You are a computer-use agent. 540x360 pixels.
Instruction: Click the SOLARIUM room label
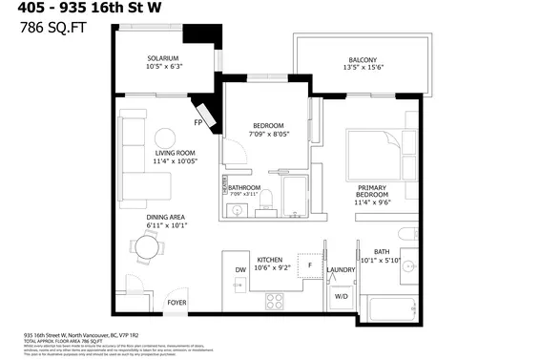coord(163,57)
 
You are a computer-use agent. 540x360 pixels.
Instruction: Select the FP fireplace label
coord(198,122)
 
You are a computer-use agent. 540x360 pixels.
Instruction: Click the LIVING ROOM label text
coord(175,153)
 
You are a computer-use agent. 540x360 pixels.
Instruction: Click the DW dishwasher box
coord(241,270)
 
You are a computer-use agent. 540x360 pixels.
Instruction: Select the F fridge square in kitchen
coord(309,264)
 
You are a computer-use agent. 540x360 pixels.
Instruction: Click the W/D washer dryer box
coord(341,297)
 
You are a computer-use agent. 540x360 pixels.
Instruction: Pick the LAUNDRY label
coord(341,270)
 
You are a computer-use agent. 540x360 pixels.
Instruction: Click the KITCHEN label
coord(270,259)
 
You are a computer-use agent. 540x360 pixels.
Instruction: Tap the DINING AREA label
coord(165,218)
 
